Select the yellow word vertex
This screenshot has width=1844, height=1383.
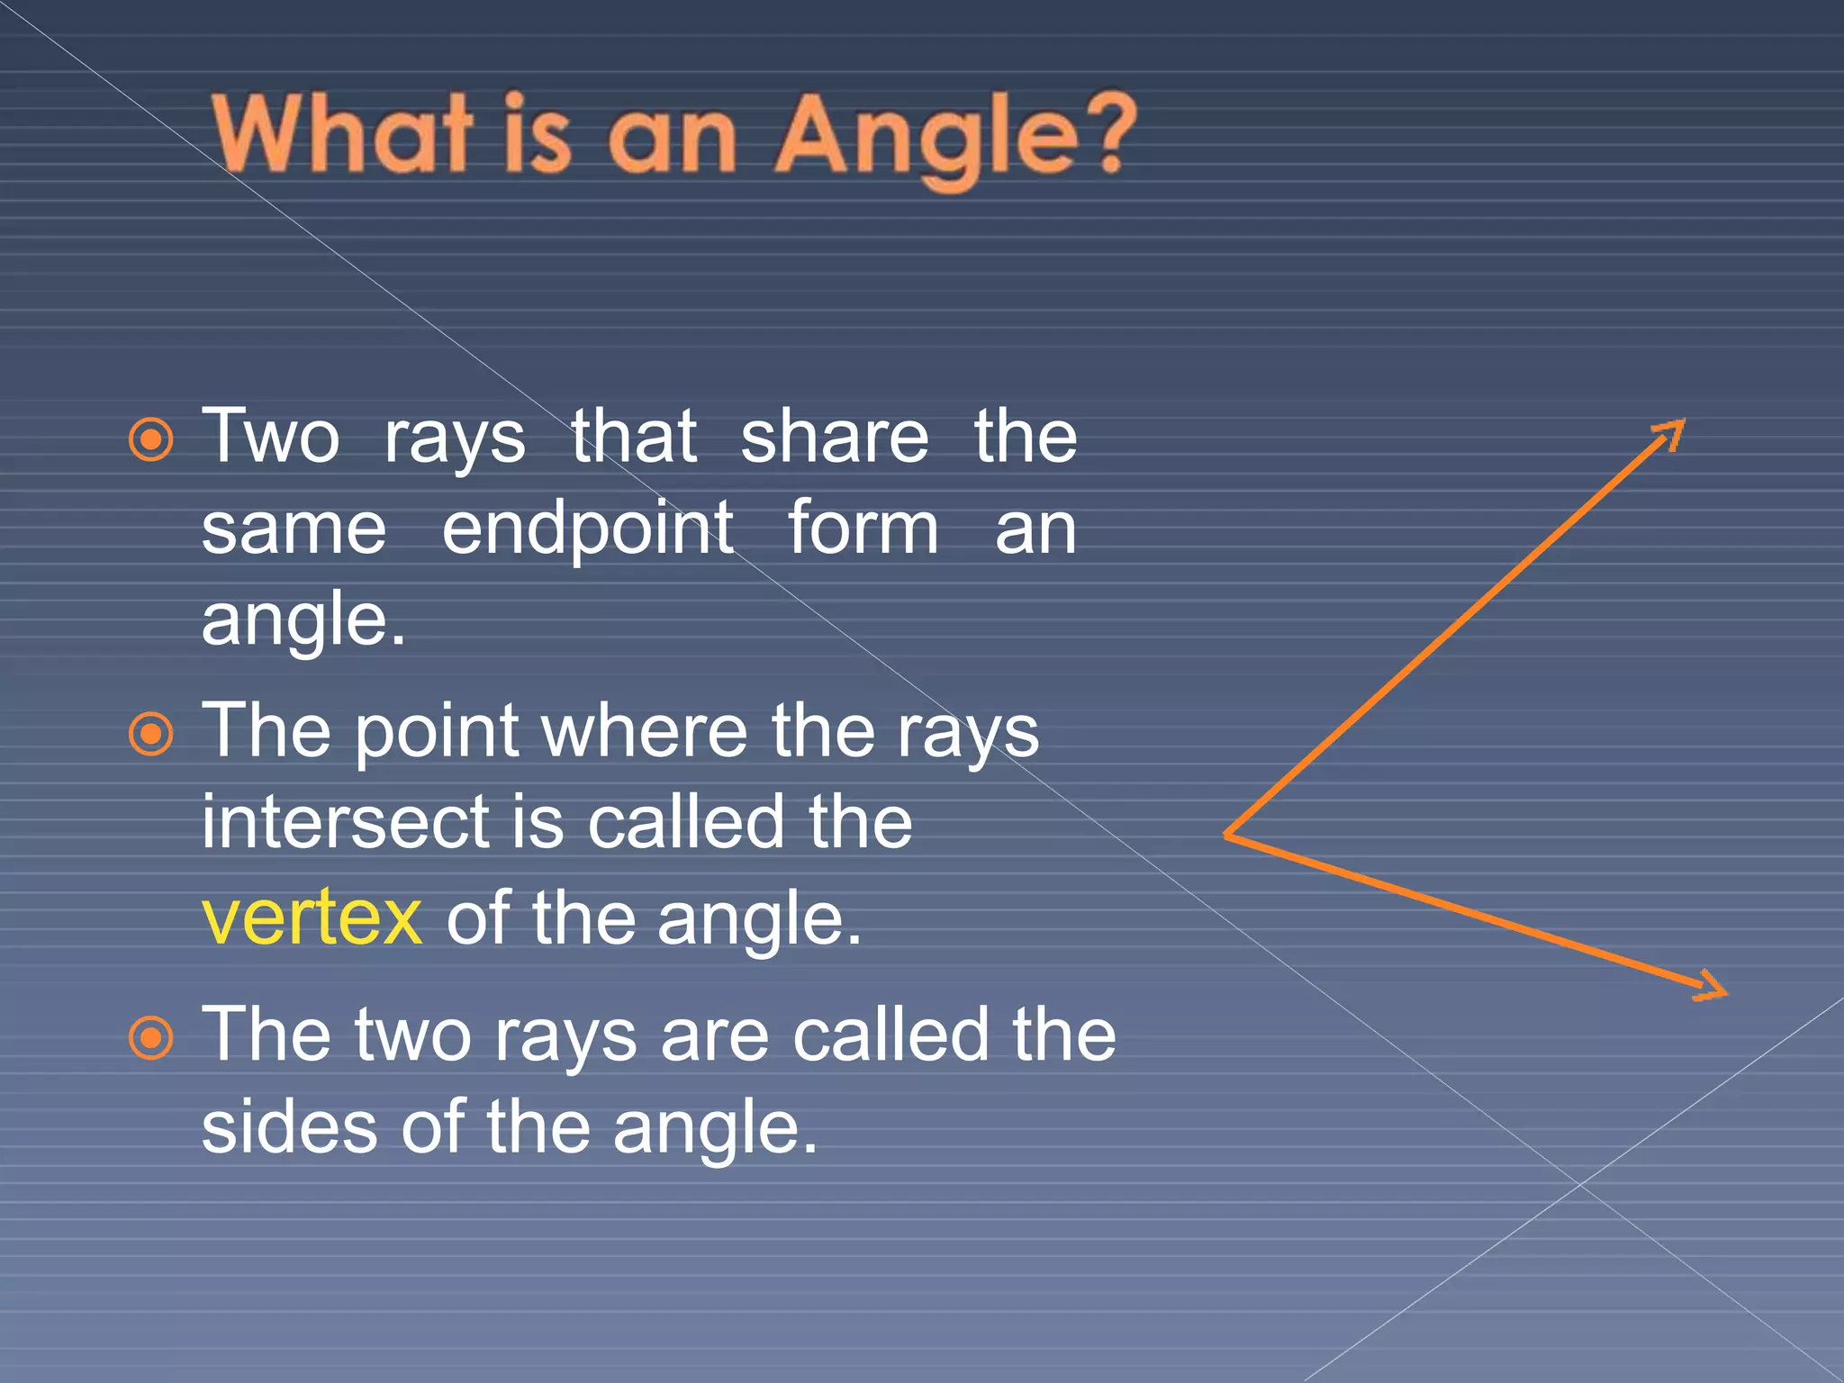[312, 917]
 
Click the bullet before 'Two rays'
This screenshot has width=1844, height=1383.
[150, 440]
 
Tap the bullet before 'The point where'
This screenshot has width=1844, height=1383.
[150, 734]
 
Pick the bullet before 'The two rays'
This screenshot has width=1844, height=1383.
[150, 1038]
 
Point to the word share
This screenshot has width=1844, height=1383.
[834, 438]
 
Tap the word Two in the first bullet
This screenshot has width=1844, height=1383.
[270, 438]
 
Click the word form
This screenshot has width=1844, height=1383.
[863, 529]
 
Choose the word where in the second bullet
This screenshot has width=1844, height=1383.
[645, 731]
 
